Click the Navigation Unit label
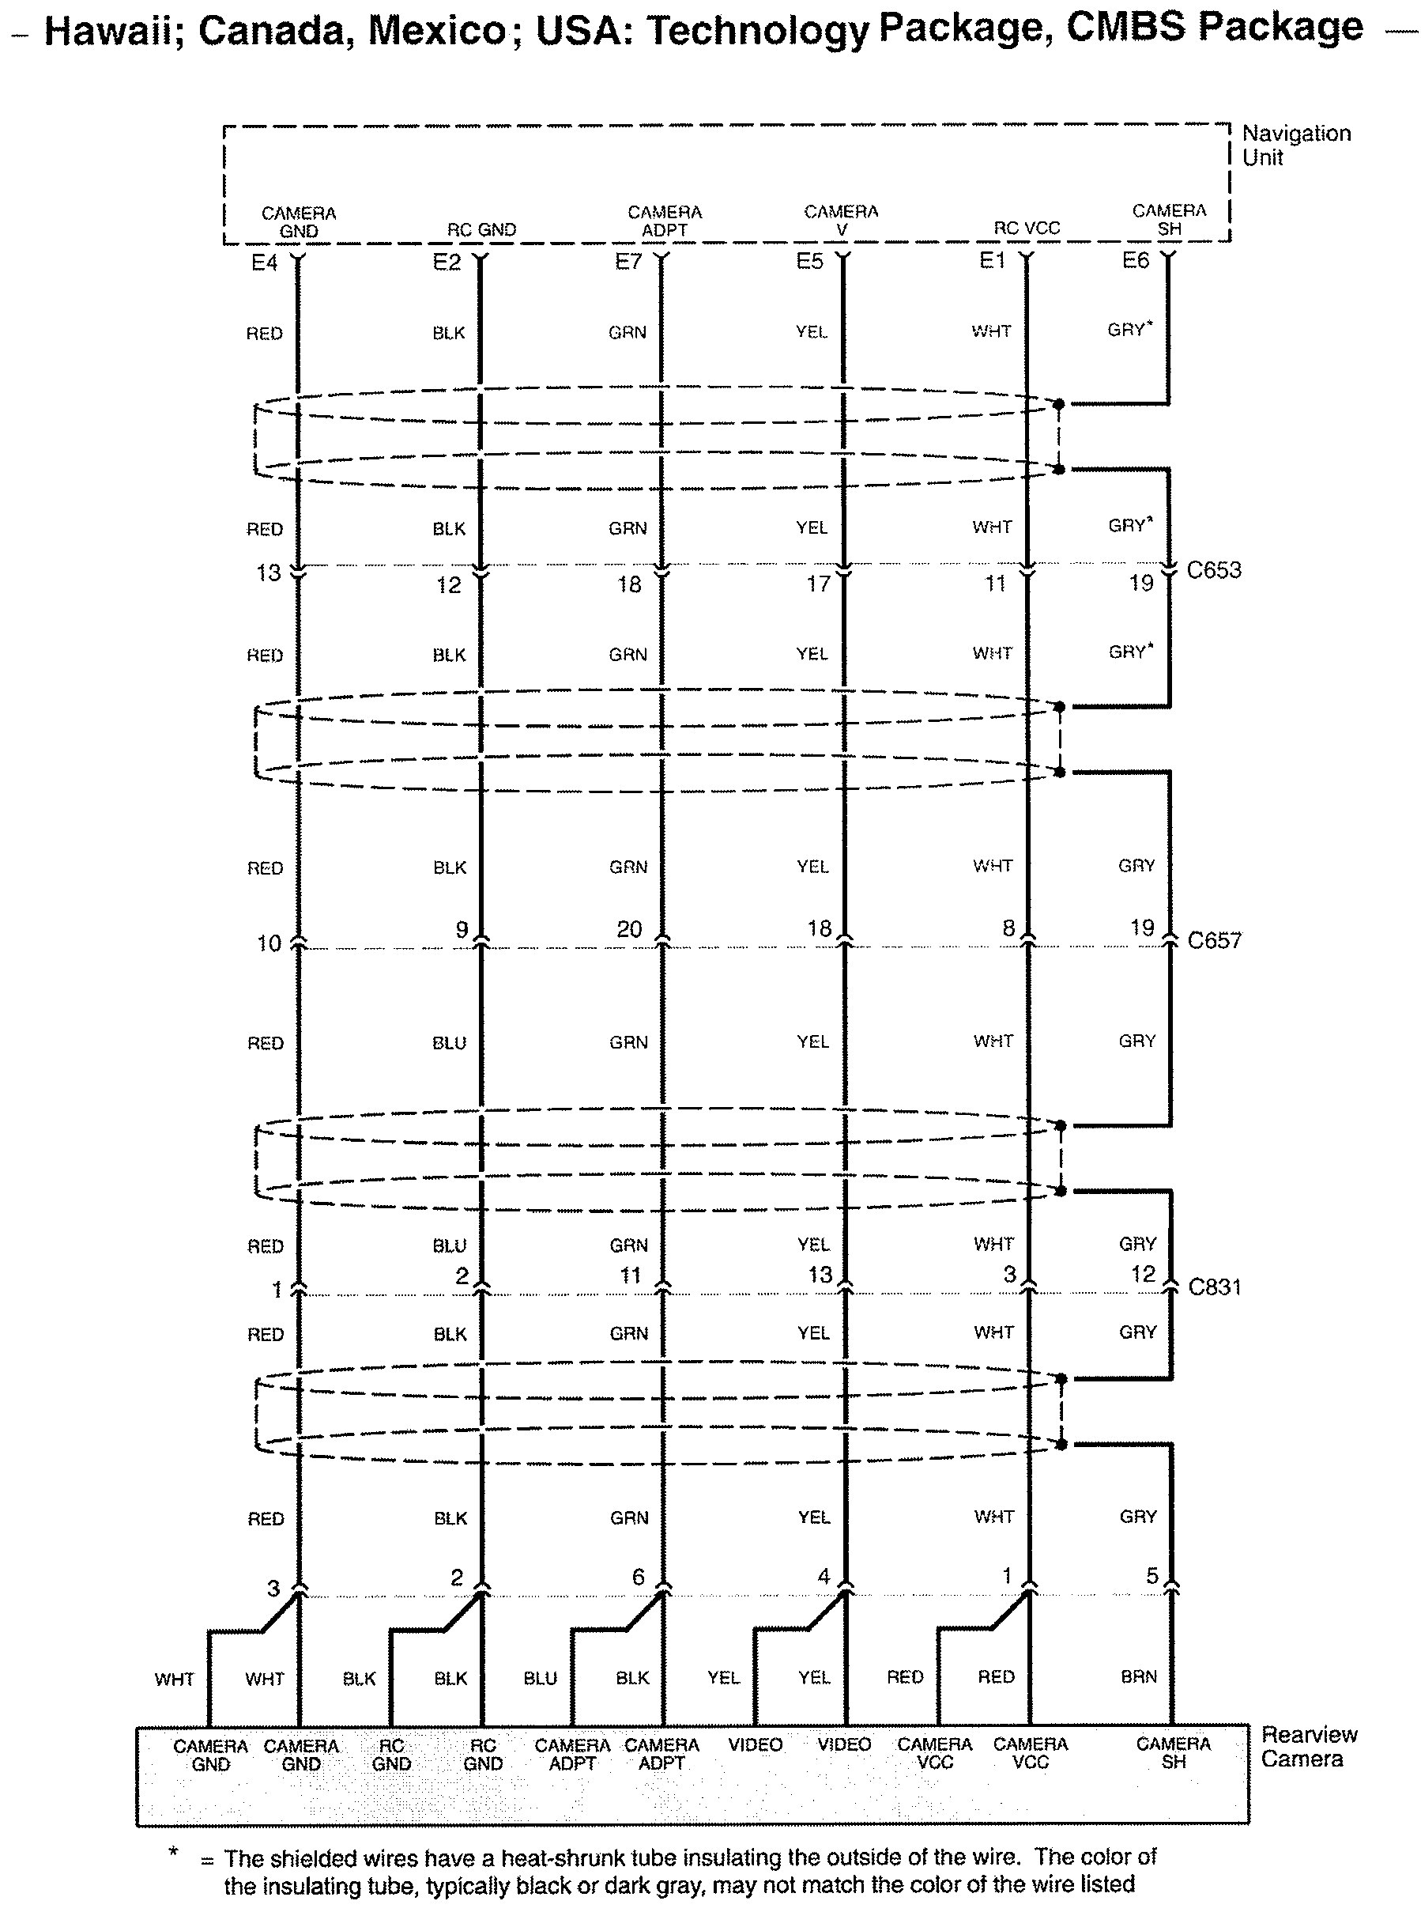coord(1295,145)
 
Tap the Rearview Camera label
coord(1307,1746)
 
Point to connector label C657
coord(1215,939)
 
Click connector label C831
coord(1215,1287)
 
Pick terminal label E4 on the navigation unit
coord(264,263)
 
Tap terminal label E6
coord(1136,261)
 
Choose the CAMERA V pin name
coord(841,221)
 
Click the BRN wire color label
coord(1139,1676)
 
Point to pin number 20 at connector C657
coord(629,929)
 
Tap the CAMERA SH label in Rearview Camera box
coord(1174,1753)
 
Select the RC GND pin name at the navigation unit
coord(481,230)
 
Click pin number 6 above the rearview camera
coord(639,1577)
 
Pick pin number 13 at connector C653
coord(269,573)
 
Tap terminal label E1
coord(992,261)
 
